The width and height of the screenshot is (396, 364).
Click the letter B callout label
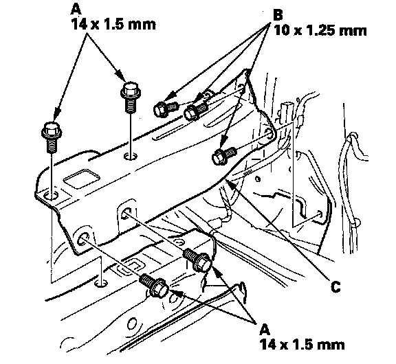click(x=278, y=15)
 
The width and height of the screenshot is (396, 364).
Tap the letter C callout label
click(x=335, y=286)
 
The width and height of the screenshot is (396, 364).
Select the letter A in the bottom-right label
click(x=265, y=329)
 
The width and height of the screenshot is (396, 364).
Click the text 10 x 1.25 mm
click(x=320, y=31)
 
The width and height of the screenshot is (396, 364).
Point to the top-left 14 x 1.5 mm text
click(x=113, y=25)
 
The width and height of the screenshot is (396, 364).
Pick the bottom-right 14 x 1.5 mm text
click(x=302, y=344)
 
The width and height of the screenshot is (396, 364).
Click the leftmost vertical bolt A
click(x=52, y=137)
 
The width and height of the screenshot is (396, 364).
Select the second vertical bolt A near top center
click(x=131, y=97)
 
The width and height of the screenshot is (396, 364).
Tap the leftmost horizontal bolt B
click(x=165, y=109)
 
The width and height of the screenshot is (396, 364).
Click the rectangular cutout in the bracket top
click(x=81, y=179)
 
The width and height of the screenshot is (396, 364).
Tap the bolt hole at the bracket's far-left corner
click(x=50, y=196)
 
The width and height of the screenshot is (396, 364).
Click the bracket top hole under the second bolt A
click(x=131, y=156)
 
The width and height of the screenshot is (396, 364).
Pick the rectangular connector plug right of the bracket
click(x=285, y=112)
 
